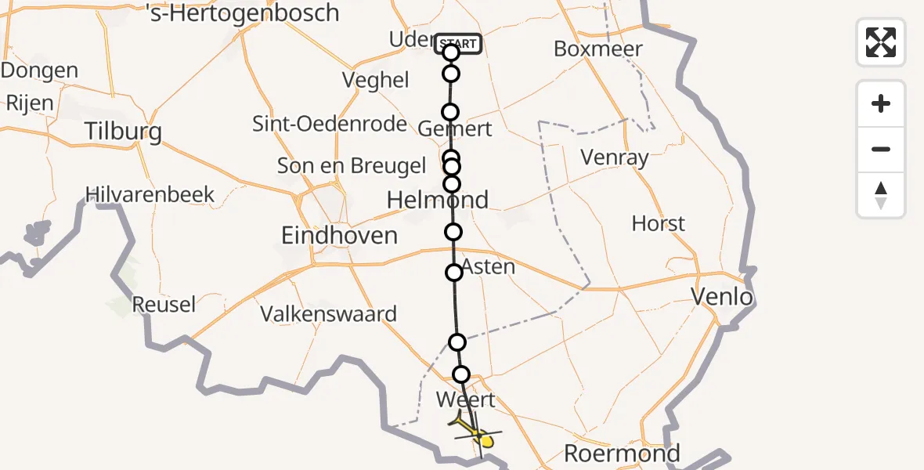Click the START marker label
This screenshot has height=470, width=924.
[x=459, y=44]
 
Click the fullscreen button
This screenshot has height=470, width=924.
[x=881, y=42]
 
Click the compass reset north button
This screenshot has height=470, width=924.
[x=881, y=195]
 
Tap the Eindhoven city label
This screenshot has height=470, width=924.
[x=341, y=235]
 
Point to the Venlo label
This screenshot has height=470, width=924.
[x=721, y=297]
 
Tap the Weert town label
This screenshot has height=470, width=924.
[x=465, y=399]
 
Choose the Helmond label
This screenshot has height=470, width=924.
[x=438, y=200]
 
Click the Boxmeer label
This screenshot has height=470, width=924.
[x=597, y=49]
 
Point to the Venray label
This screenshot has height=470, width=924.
[x=615, y=158]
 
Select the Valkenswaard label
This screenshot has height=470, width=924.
[x=328, y=314]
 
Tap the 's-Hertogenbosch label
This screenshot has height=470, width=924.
[x=243, y=13]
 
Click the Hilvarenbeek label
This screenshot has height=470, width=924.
[x=150, y=194]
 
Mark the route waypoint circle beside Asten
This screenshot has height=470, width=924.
[x=454, y=273]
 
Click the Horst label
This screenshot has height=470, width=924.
[x=658, y=224]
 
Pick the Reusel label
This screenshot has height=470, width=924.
[x=164, y=304]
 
